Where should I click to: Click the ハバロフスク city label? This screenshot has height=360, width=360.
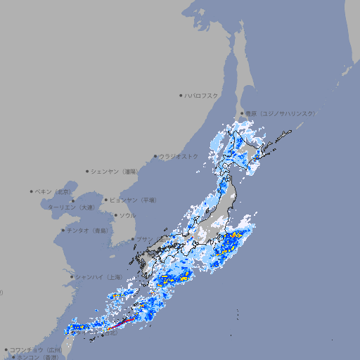202,95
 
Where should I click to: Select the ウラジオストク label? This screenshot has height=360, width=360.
179,156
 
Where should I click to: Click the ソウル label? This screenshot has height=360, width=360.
127,215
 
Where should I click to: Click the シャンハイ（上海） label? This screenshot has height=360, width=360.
98,277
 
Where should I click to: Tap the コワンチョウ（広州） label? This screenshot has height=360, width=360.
36,349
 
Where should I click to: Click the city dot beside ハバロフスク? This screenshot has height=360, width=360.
181,95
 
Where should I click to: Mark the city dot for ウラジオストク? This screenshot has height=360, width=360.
155,156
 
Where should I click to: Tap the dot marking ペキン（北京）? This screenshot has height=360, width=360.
32,191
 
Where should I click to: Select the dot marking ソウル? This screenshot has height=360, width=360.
115,215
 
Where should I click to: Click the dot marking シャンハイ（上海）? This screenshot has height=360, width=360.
72,277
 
